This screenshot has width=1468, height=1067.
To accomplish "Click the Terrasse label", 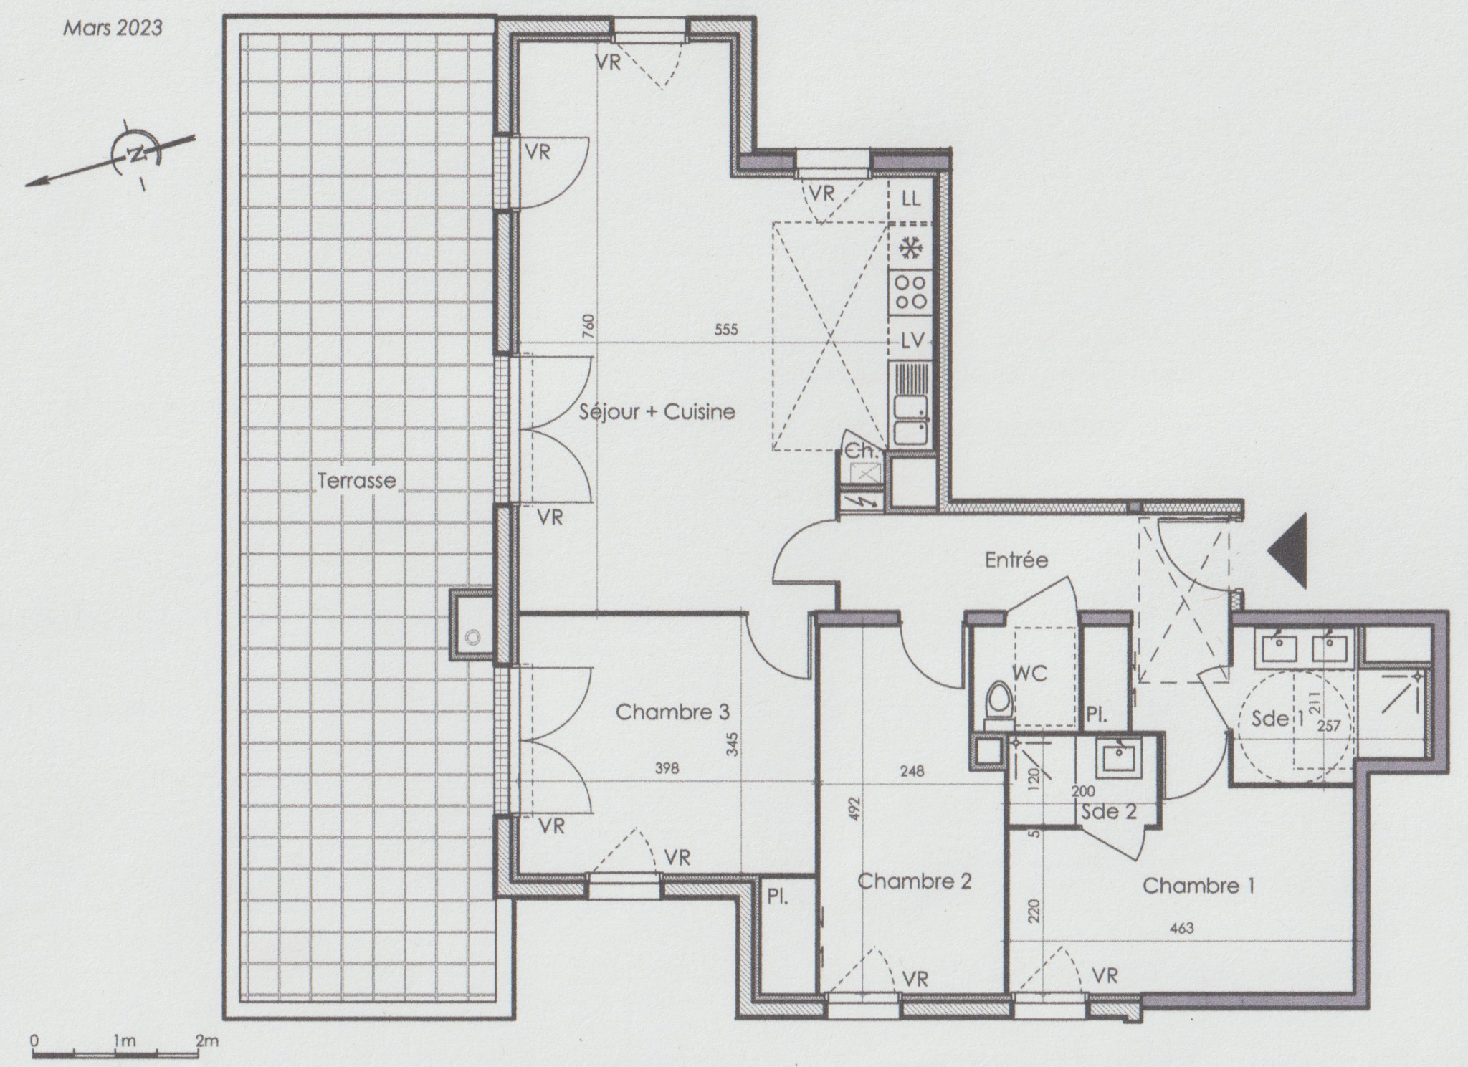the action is tap(356, 480).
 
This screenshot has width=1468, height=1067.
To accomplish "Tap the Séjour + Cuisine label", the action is tap(657, 412).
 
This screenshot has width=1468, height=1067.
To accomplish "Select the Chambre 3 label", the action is tap(672, 712).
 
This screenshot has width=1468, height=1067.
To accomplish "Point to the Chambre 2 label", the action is tap(915, 881).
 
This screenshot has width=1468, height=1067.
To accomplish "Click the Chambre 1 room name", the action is tap(1198, 886).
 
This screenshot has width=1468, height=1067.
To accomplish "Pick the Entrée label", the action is tap(1016, 560).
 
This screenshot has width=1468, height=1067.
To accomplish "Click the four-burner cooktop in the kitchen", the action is tap(911, 293).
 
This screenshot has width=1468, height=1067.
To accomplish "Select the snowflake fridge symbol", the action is tap(910, 248).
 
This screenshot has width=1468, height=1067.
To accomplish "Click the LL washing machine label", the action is tap(910, 198).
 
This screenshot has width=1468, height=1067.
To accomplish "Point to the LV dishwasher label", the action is tap(912, 341).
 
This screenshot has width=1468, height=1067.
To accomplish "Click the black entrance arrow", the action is tap(1288, 550).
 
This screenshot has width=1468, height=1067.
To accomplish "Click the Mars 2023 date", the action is tap(113, 28).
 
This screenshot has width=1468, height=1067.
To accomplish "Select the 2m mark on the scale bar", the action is tap(207, 1040).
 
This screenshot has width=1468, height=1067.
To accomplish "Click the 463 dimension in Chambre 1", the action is tap(1181, 928).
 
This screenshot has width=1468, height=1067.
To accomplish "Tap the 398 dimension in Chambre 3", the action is tap(667, 768).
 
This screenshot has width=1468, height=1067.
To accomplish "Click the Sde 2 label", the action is tap(1108, 811).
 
